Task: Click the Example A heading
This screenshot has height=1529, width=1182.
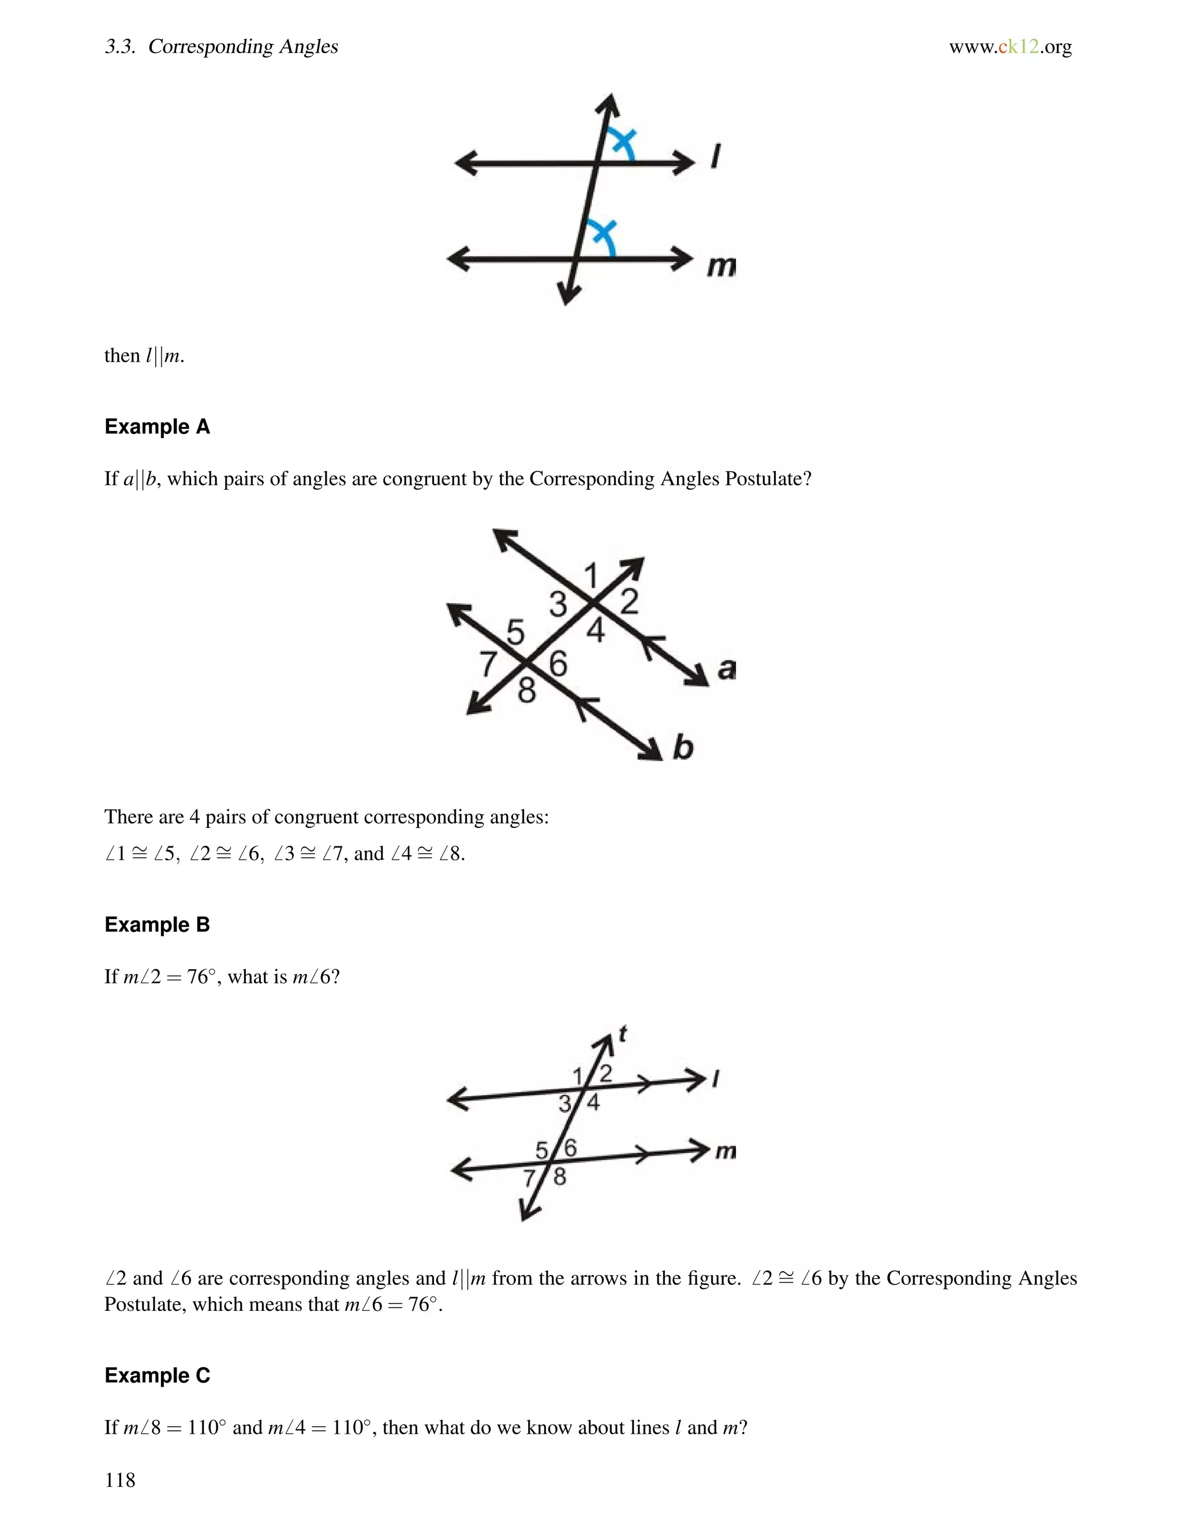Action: [x=157, y=426]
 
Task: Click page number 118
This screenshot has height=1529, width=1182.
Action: [x=119, y=1479]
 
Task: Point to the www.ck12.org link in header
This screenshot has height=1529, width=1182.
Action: [x=1010, y=47]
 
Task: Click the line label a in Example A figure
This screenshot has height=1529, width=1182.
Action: [x=727, y=669]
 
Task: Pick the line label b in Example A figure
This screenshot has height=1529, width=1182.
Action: [x=683, y=747]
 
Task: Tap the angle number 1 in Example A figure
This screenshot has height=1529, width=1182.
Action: [x=591, y=576]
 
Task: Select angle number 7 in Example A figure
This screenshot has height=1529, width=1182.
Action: [x=488, y=664]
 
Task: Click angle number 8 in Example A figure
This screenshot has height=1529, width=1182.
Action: [x=526, y=692]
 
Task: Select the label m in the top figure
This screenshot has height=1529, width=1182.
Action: [x=720, y=266]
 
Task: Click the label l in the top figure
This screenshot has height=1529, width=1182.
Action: [x=715, y=157]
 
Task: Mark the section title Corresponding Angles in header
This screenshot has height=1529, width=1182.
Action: [x=243, y=47]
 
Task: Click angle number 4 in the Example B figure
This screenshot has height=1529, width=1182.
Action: [x=593, y=1103]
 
